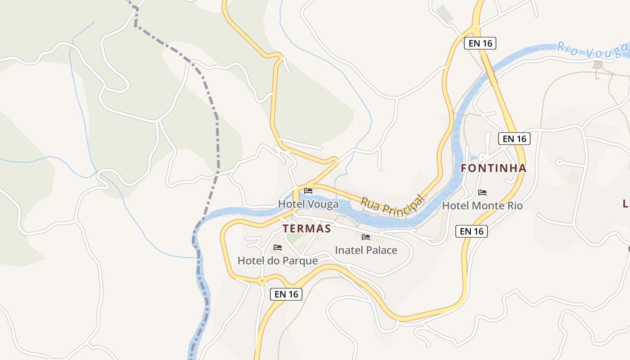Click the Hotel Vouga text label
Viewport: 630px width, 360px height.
[x=308, y=204]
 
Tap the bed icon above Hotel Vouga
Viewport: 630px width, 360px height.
[x=308, y=191]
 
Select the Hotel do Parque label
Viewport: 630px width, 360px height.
[x=278, y=261]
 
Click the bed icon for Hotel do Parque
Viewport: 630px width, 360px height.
[x=278, y=247]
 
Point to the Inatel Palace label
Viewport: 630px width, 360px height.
[x=366, y=250]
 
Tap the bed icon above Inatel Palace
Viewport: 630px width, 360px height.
[x=366, y=237]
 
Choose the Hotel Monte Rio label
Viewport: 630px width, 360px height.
[x=482, y=206]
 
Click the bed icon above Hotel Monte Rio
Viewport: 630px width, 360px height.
[x=482, y=193]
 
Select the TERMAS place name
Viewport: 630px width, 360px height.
[x=307, y=229]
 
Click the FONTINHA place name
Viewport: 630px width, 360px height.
[x=494, y=168]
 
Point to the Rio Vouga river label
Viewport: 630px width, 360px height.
[x=592, y=50]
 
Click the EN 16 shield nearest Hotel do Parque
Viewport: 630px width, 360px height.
[x=286, y=294]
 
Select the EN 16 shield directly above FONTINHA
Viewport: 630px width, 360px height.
[x=514, y=139]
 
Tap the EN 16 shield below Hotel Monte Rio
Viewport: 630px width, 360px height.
[x=472, y=231]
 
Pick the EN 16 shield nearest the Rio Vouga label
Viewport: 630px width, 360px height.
[x=480, y=43]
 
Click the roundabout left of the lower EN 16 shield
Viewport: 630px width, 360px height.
[x=262, y=281]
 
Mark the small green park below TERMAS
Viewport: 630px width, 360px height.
[x=294, y=238]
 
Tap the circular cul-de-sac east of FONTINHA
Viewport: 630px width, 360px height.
[x=559, y=162]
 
